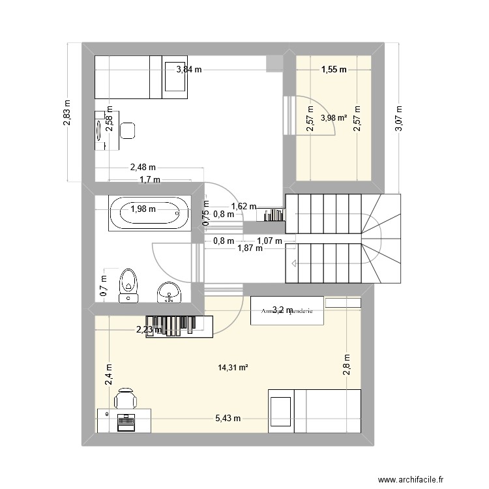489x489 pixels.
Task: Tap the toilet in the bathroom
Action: point(128,284)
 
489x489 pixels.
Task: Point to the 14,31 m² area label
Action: point(233,368)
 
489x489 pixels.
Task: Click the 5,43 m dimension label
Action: point(228,418)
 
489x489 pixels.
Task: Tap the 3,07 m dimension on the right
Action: point(399,119)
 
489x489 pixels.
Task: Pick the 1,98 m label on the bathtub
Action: point(143,209)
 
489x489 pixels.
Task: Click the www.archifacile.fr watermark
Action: point(418,479)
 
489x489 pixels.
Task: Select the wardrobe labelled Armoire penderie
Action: point(286,311)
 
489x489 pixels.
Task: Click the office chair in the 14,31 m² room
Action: point(126,397)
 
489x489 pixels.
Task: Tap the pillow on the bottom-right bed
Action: point(281,411)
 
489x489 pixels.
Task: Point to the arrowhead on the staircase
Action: point(295,263)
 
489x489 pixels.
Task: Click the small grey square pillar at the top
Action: point(274,63)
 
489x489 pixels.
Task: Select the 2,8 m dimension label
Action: point(347,365)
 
